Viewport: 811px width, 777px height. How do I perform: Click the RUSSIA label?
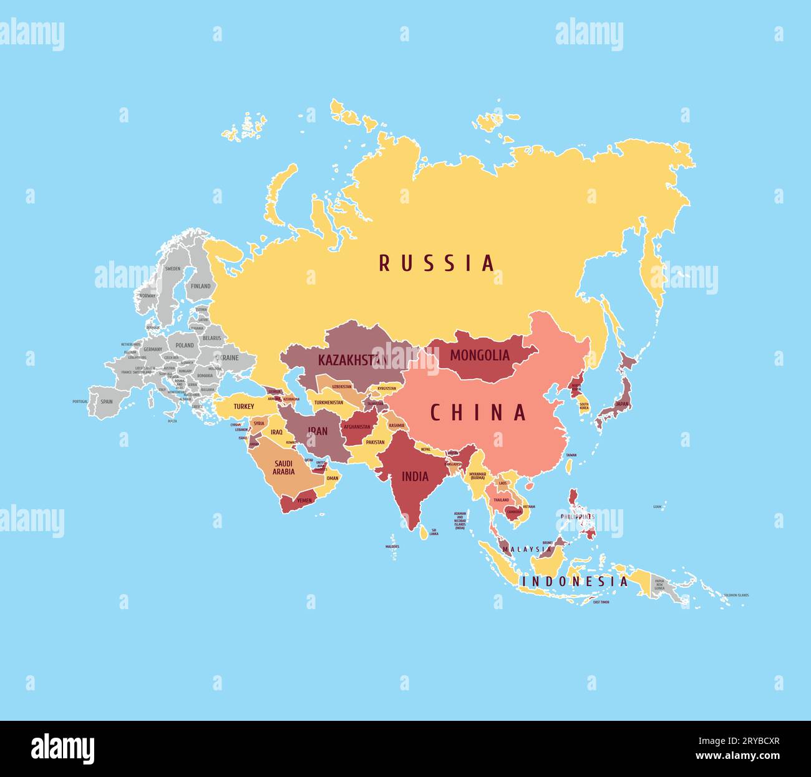click(437, 263)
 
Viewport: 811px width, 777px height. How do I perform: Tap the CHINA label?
click(478, 413)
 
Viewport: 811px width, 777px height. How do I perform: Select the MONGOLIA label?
click(480, 356)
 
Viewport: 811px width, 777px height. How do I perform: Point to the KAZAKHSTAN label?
click(352, 360)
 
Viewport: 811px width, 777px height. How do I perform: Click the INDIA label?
click(415, 477)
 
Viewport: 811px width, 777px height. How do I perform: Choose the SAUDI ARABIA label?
click(284, 467)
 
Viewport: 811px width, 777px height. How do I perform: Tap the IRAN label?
click(317, 431)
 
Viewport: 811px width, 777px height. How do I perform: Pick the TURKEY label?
click(244, 406)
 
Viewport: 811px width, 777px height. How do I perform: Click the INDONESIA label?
click(575, 581)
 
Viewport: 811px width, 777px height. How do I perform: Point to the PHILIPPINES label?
click(577, 517)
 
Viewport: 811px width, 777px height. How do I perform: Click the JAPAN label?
click(622, 404)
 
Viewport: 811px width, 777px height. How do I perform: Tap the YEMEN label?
click(304, 501)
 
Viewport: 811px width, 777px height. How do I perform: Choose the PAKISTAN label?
click(375, 442)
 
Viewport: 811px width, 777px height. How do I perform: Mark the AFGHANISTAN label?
click(357, 427)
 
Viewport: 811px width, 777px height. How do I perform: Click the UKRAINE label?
click(226, 358)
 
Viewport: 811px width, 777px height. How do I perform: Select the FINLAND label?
click(200, 286)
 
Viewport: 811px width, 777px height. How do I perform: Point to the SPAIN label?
click(107, 401)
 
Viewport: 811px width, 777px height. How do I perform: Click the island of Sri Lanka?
click(424, 532)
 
